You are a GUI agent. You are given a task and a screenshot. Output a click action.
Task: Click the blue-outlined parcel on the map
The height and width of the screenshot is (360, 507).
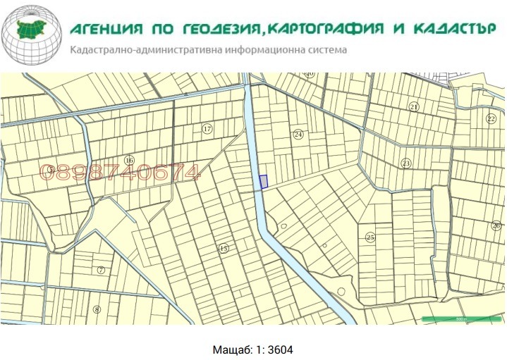click(x=264, y=182)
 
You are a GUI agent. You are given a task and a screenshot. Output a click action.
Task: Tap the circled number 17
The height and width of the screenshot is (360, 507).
click(x=207, y=129)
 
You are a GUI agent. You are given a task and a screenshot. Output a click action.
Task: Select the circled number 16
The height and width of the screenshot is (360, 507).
click(x=129, y=161)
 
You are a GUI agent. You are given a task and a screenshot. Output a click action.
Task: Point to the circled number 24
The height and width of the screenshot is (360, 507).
click(x=298, y=134)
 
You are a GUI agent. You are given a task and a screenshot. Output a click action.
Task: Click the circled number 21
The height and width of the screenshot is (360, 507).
click(x=414, y=106)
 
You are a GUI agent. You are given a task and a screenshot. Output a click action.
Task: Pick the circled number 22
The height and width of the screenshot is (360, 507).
click(x=491, y=119)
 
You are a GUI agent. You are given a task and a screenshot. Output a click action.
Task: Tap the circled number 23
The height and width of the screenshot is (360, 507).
click(x=405, y=163)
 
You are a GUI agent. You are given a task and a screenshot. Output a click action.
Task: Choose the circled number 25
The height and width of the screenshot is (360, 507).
click(x=370, y=237)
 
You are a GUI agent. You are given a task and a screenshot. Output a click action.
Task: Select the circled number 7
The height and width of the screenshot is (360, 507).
click(x=101, y=270)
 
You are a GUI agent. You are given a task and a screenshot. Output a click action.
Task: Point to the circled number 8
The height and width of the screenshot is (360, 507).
click(x=97, y=309)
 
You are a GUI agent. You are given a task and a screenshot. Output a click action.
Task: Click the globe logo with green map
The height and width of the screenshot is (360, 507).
click(x=32, y=35)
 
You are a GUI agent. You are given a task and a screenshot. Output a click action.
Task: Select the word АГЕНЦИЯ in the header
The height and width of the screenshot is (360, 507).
click(x=106, y=30)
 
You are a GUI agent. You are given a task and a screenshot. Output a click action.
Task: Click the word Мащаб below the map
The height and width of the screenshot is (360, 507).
click(x=231, y=349)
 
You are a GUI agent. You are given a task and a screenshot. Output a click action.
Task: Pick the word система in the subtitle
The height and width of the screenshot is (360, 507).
click(x=323, y=51)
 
